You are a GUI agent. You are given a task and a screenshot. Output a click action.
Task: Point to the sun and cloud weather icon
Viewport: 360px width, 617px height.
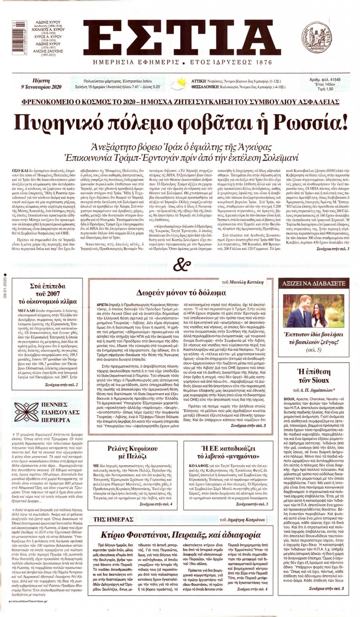point(182,83)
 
